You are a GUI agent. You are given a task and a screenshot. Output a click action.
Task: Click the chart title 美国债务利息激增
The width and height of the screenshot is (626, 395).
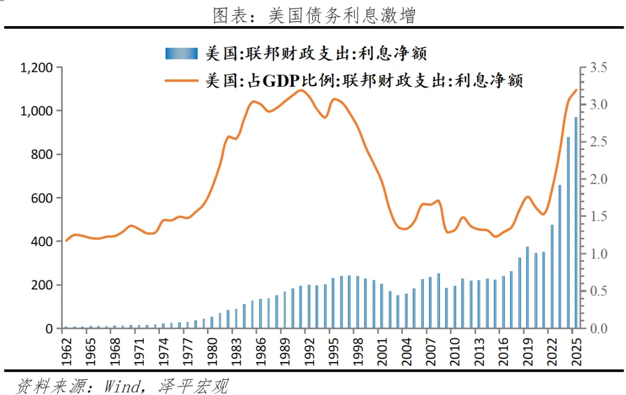(x=342, y=16)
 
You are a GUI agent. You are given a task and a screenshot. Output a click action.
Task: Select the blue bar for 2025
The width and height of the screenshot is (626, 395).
(x=576, y=222)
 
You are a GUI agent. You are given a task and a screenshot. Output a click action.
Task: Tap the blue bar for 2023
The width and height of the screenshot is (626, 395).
(x=560, y=257)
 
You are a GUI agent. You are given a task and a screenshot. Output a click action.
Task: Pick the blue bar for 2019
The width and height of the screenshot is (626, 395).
(x=527, y=287)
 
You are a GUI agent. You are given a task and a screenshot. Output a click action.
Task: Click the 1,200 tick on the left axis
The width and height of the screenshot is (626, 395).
(x=37, y=68)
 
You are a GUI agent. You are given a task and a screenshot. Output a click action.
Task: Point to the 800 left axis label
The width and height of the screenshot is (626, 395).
(x=42, y=155)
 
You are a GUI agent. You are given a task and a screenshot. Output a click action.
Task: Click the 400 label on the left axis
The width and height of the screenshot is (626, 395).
(x=42, y=242)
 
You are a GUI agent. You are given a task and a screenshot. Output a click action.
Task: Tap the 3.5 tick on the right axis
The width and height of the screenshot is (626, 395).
(x=598, y=67)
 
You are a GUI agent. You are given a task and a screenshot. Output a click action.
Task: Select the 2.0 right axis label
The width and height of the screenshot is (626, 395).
(x=598, y=179)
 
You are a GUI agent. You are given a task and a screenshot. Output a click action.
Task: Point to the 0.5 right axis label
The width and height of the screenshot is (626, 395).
(x=598, y=291)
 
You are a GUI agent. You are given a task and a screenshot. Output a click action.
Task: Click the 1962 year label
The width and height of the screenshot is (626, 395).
(x=66, y=352)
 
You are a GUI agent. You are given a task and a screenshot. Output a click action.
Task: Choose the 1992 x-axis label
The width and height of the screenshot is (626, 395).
(x=309, y=352)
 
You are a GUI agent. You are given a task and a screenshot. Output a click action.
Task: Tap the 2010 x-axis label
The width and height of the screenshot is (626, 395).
(x=455, y=352)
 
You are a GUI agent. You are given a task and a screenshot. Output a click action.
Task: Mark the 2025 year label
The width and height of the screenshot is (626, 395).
(x=576, y=352)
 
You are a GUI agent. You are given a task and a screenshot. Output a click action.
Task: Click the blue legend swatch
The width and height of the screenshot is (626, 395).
(x=181, y=53)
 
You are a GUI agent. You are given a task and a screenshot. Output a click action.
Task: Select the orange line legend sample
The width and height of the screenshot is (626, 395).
(x=181, y=81)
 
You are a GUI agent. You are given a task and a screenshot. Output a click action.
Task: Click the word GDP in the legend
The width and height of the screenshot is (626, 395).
(x=281, y=81)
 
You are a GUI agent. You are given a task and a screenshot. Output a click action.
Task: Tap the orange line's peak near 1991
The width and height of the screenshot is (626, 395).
(x=301, y=90)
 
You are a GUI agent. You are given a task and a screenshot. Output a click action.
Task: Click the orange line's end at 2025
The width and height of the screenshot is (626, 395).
(x=576, y=90)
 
